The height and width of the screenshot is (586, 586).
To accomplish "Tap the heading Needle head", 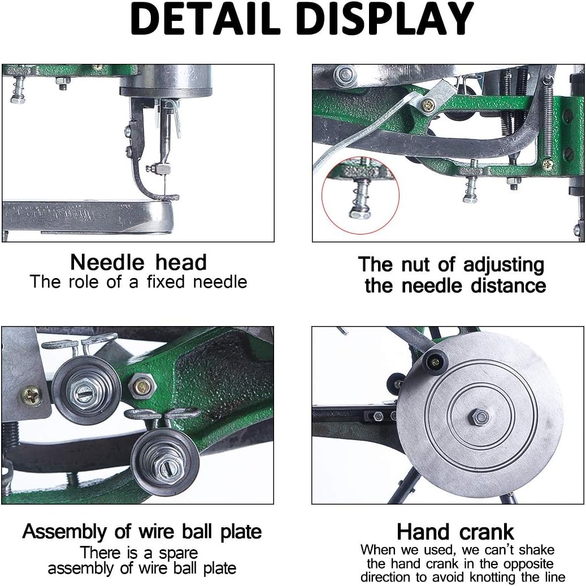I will [138, 263].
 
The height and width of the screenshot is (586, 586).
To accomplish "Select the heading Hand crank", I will [455, 532].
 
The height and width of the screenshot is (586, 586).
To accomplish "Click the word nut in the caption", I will [416, 264].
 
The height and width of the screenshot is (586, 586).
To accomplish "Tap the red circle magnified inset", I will [361, 195].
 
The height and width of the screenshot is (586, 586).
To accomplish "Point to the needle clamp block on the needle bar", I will [163, 168].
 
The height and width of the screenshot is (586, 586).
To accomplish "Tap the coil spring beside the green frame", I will [547, 118].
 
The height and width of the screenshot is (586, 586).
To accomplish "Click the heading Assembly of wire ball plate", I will [142, 532].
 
